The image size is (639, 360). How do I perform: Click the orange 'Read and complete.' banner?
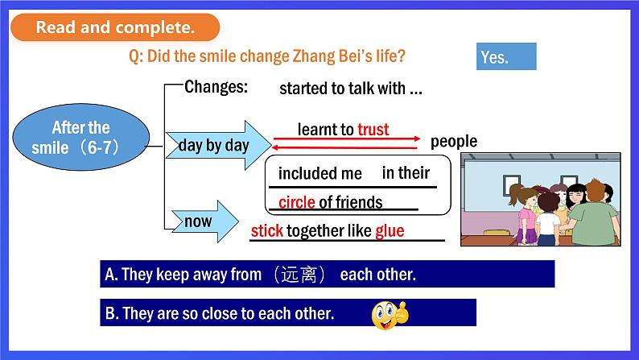point(115,27)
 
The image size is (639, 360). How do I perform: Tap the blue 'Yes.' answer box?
point(506,56)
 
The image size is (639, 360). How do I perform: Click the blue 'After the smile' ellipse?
point(81,137)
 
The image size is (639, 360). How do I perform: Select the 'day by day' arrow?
point(218,145)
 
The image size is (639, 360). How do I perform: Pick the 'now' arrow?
point(205,221)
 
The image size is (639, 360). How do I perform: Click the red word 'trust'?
point(373,130)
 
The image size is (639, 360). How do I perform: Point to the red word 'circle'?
point(296,202)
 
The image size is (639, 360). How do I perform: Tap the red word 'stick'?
point(267,231)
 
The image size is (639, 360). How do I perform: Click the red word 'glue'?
point(390,231)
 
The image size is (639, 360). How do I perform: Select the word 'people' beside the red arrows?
point(454,142)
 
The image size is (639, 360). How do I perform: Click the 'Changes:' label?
point(216,87)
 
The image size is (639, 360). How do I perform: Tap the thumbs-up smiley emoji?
point(390,315)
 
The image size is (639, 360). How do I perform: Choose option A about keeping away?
point(328,274)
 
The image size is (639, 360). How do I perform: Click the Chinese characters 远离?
point(299,274)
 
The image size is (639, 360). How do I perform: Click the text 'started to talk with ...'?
point(350,89)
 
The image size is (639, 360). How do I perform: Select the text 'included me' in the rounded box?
point(320,174)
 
